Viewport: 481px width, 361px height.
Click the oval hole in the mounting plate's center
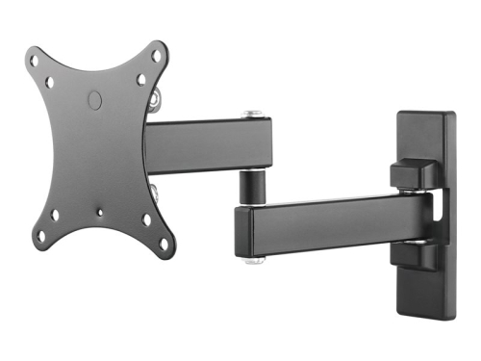[x=94, y=98]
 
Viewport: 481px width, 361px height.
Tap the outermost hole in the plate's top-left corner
[x=36, y=60]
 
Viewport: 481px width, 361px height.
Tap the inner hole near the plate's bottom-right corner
[x=146, y=219]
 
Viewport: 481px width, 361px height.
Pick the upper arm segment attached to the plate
[x=207, y=145]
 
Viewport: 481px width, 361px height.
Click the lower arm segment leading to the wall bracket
[x=327, y=223]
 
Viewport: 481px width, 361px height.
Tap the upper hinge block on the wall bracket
[x=411, y=174]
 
